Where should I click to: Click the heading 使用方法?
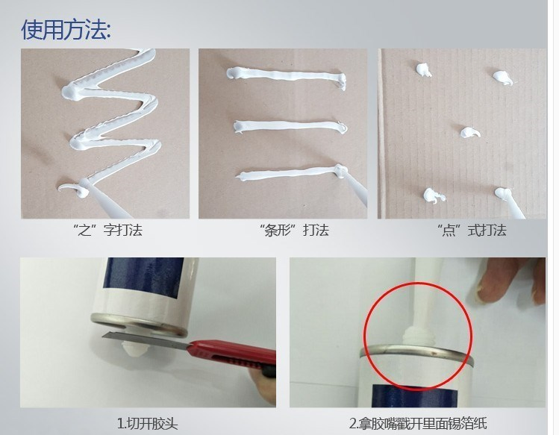66,29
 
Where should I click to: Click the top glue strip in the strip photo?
287,75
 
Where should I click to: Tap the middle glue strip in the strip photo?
287,125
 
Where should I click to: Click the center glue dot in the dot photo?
469,133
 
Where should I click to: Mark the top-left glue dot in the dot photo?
423,70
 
